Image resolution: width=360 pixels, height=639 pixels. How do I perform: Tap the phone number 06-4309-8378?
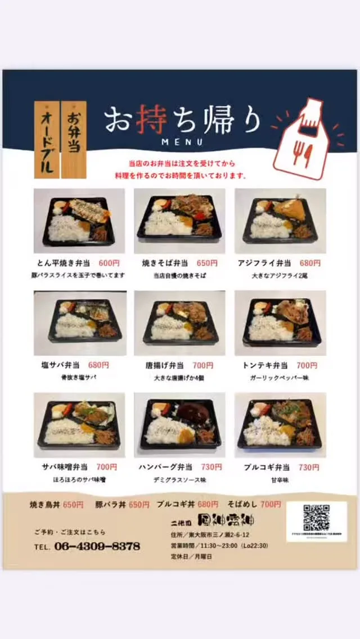coord(97,546)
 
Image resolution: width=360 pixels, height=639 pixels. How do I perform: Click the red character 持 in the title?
coord(155,120)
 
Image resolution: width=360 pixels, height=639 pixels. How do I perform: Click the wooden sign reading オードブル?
coord(47,140)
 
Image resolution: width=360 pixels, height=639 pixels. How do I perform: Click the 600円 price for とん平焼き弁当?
coord(109,263)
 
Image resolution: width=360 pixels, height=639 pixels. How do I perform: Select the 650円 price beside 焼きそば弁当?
coord(207,263)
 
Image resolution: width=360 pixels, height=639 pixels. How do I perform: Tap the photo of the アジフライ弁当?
coord(280,220)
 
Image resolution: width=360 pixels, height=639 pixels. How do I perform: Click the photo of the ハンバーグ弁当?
coord(179,425)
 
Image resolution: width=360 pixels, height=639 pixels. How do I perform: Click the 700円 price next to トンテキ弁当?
coord(307,366)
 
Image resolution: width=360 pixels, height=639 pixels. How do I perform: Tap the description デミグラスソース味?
coord(179,480)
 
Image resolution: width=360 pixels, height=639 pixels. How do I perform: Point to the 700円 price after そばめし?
coord(271,505)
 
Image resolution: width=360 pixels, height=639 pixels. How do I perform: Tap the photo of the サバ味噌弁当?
coord(79,425)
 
